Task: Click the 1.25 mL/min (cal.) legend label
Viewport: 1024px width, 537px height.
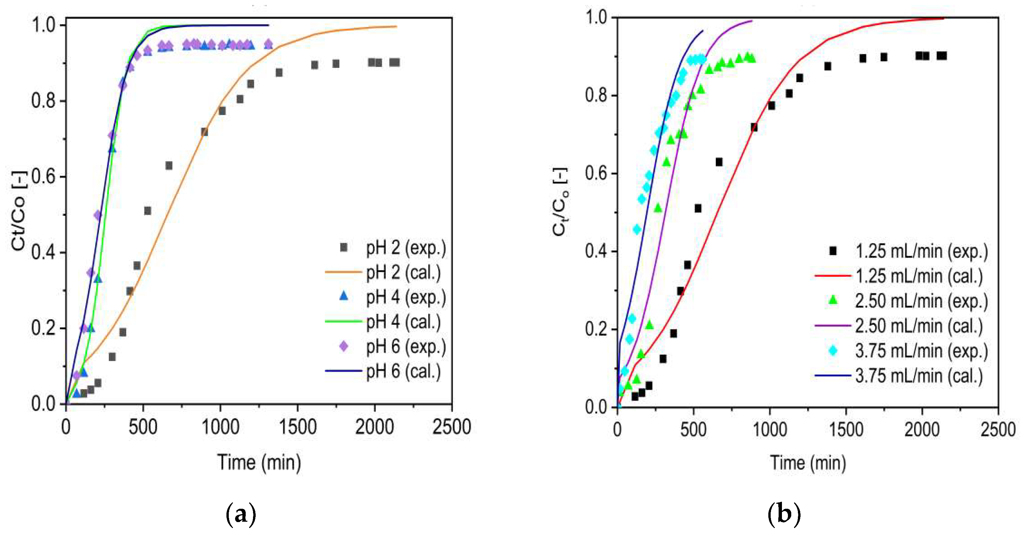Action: pos(919,276)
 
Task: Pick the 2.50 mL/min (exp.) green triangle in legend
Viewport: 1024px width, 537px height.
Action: pos(832,300)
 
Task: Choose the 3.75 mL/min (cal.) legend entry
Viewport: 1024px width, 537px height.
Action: pos(919,376)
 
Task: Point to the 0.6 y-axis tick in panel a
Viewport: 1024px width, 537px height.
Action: pos(44,176)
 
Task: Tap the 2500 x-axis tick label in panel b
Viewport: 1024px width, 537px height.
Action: pos(998,430)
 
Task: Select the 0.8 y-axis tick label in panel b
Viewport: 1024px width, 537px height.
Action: pos(596,95)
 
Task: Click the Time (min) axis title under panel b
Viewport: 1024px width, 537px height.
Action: pos(808,463)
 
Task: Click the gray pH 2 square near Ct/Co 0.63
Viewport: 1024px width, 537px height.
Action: pos(169,165)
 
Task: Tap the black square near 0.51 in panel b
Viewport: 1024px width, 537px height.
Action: pos(698,208)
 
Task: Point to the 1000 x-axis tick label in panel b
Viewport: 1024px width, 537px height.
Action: pos(770,430)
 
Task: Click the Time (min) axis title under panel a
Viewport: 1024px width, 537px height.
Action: pos(259,463)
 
